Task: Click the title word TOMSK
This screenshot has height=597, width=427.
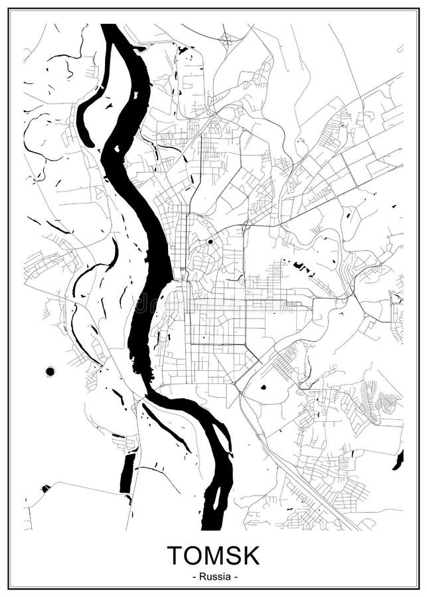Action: tap(213, 555)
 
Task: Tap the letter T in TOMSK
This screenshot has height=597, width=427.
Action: tap(175, 555)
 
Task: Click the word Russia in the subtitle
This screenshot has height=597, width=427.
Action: tap(214, 576)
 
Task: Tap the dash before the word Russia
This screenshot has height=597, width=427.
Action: tap(193, 576)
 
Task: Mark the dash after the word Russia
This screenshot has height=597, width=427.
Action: tap(234, 576)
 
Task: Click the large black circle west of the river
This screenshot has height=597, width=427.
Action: tap(50, 371)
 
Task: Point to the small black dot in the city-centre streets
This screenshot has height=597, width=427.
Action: tap(211, 241)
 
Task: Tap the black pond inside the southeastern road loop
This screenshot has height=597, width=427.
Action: tap(264, 387)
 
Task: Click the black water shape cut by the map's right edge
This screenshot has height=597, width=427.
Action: tap(398, 460)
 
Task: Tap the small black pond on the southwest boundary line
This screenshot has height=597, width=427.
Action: tap(45, 489)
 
